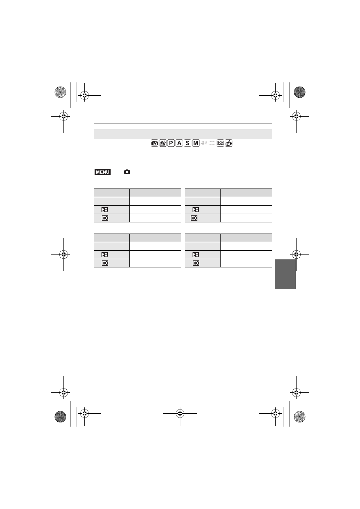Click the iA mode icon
click(154, 143)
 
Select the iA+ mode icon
click(163, 143)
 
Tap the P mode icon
click(171, 143)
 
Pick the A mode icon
click(179, 143)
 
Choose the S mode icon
click(187, 143)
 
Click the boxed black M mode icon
click(196, 143)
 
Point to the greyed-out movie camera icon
click(204, 143)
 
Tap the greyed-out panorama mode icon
click(212, 143)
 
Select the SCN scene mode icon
click(220, 143)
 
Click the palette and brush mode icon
click(228, 143)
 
